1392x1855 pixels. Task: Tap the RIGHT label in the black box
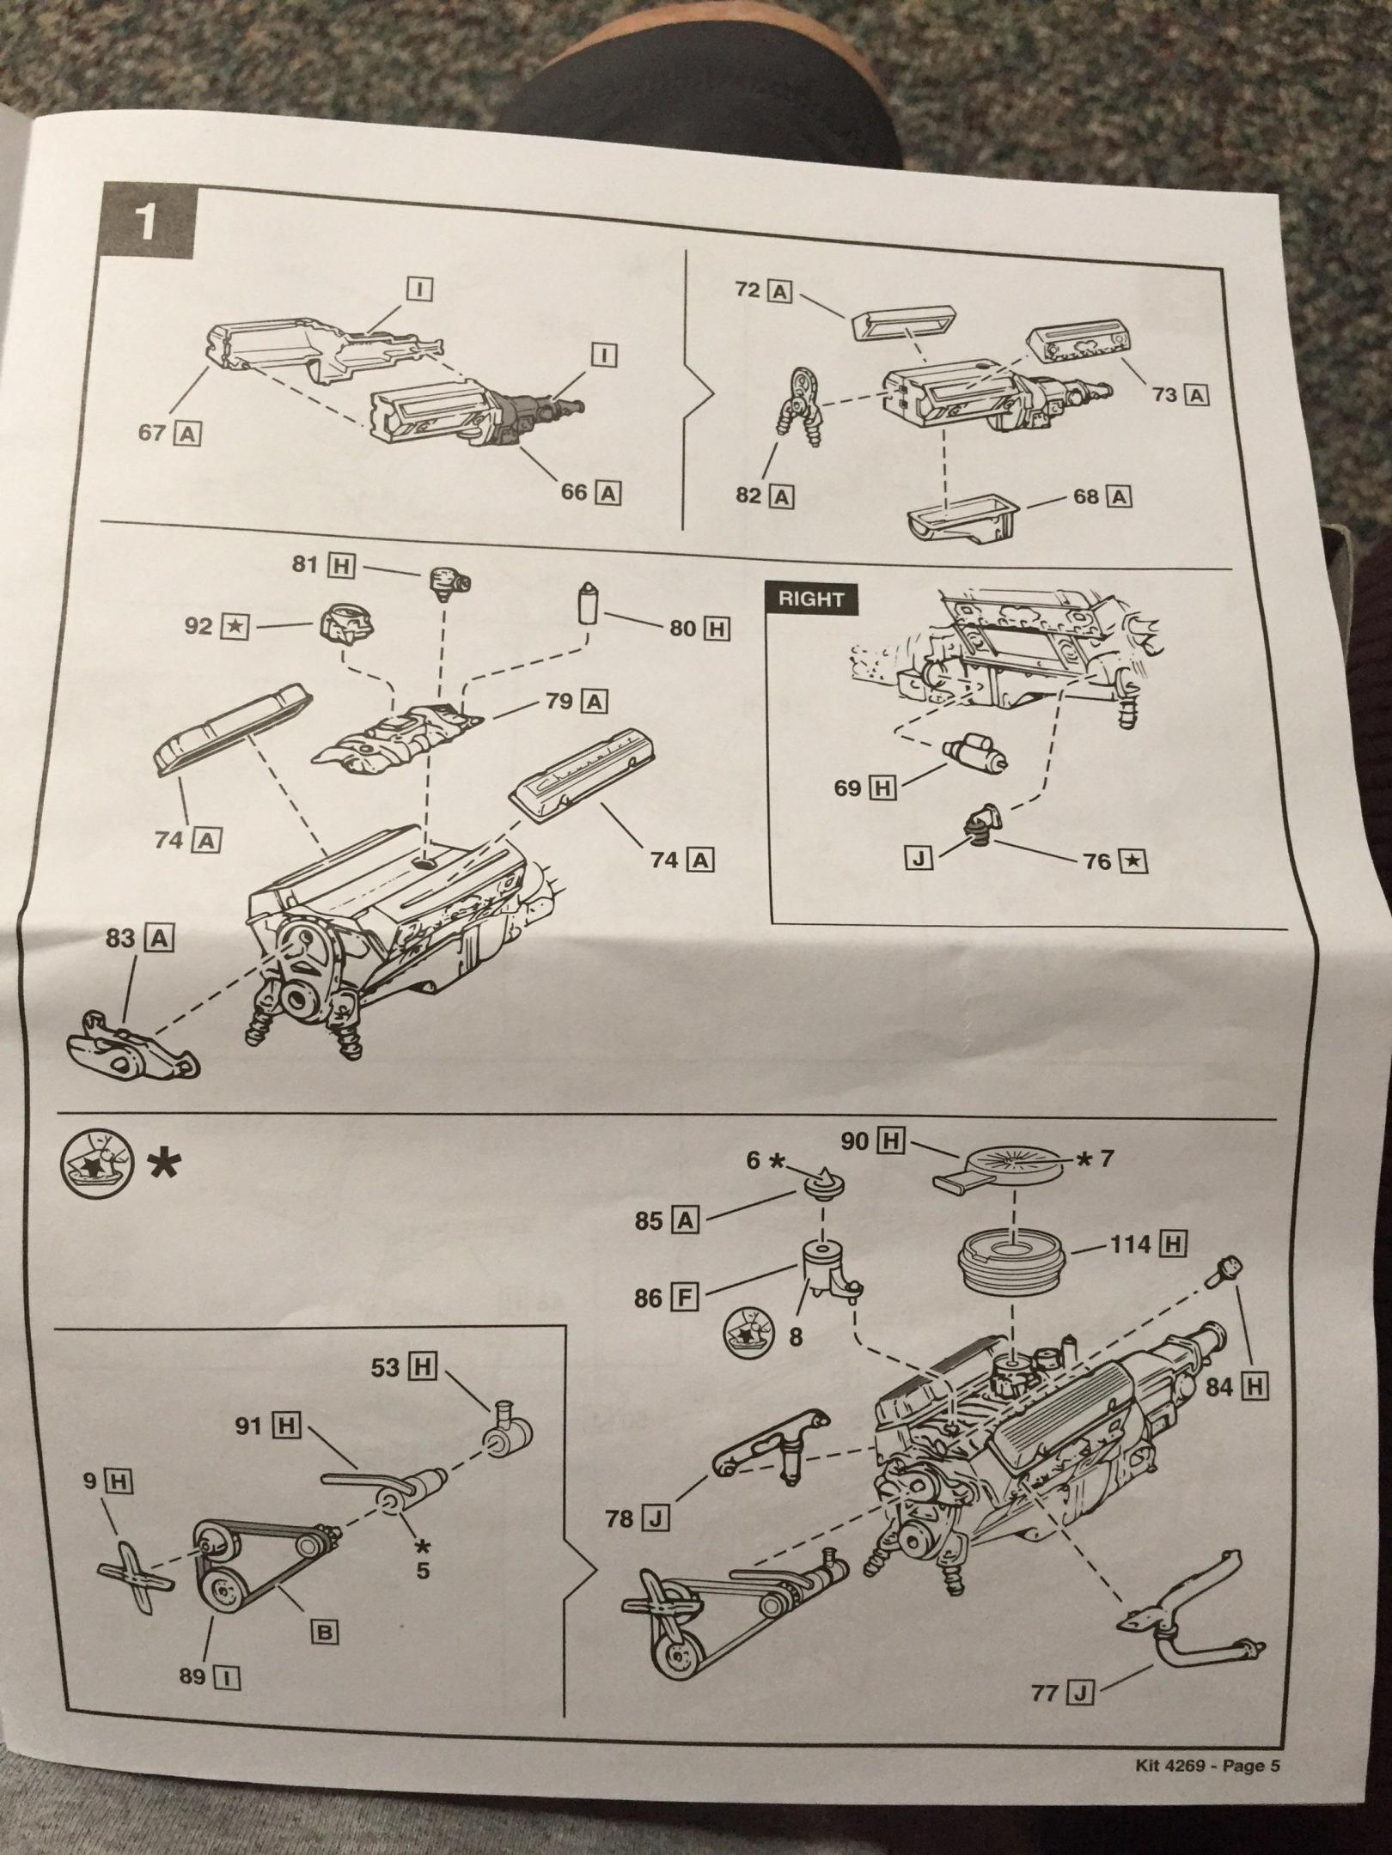point(810,599)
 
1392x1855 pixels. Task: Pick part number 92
point(198,626)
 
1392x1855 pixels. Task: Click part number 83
point(121,939)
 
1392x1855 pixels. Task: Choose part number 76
point(1098,861)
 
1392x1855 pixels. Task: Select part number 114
point(1129,1243)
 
